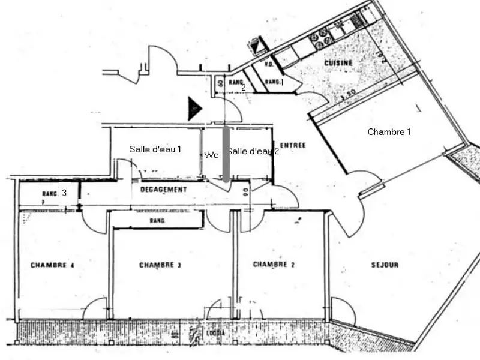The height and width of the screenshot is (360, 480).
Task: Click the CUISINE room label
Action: pyautogui.click(x=338, y=63)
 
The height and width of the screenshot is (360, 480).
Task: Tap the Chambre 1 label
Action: pyautogui.click(x=389, y=131)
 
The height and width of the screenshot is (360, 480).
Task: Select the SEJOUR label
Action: pyautogui.click(x=385, y=265)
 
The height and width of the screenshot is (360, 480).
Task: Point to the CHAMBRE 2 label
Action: pyautogui.click(x=274, y=265)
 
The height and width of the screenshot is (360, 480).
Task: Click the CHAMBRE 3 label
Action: pyautogui.click(x=160, y=265)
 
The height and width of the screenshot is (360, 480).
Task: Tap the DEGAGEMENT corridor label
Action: pyautogui.click(x=163, y=190)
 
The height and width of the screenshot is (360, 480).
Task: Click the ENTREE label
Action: pyautogui.click(x=293, y=145)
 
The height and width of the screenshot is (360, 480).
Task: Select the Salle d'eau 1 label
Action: pyautogui.click(x=155, y=149)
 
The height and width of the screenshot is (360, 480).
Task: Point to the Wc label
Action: pyautogui.click(x=211, y=155)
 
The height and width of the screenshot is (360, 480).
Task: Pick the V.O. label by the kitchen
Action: pyautogui.click(x=269, y=64)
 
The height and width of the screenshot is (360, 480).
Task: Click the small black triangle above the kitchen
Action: pyautogui.click(x=257, y=46)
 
